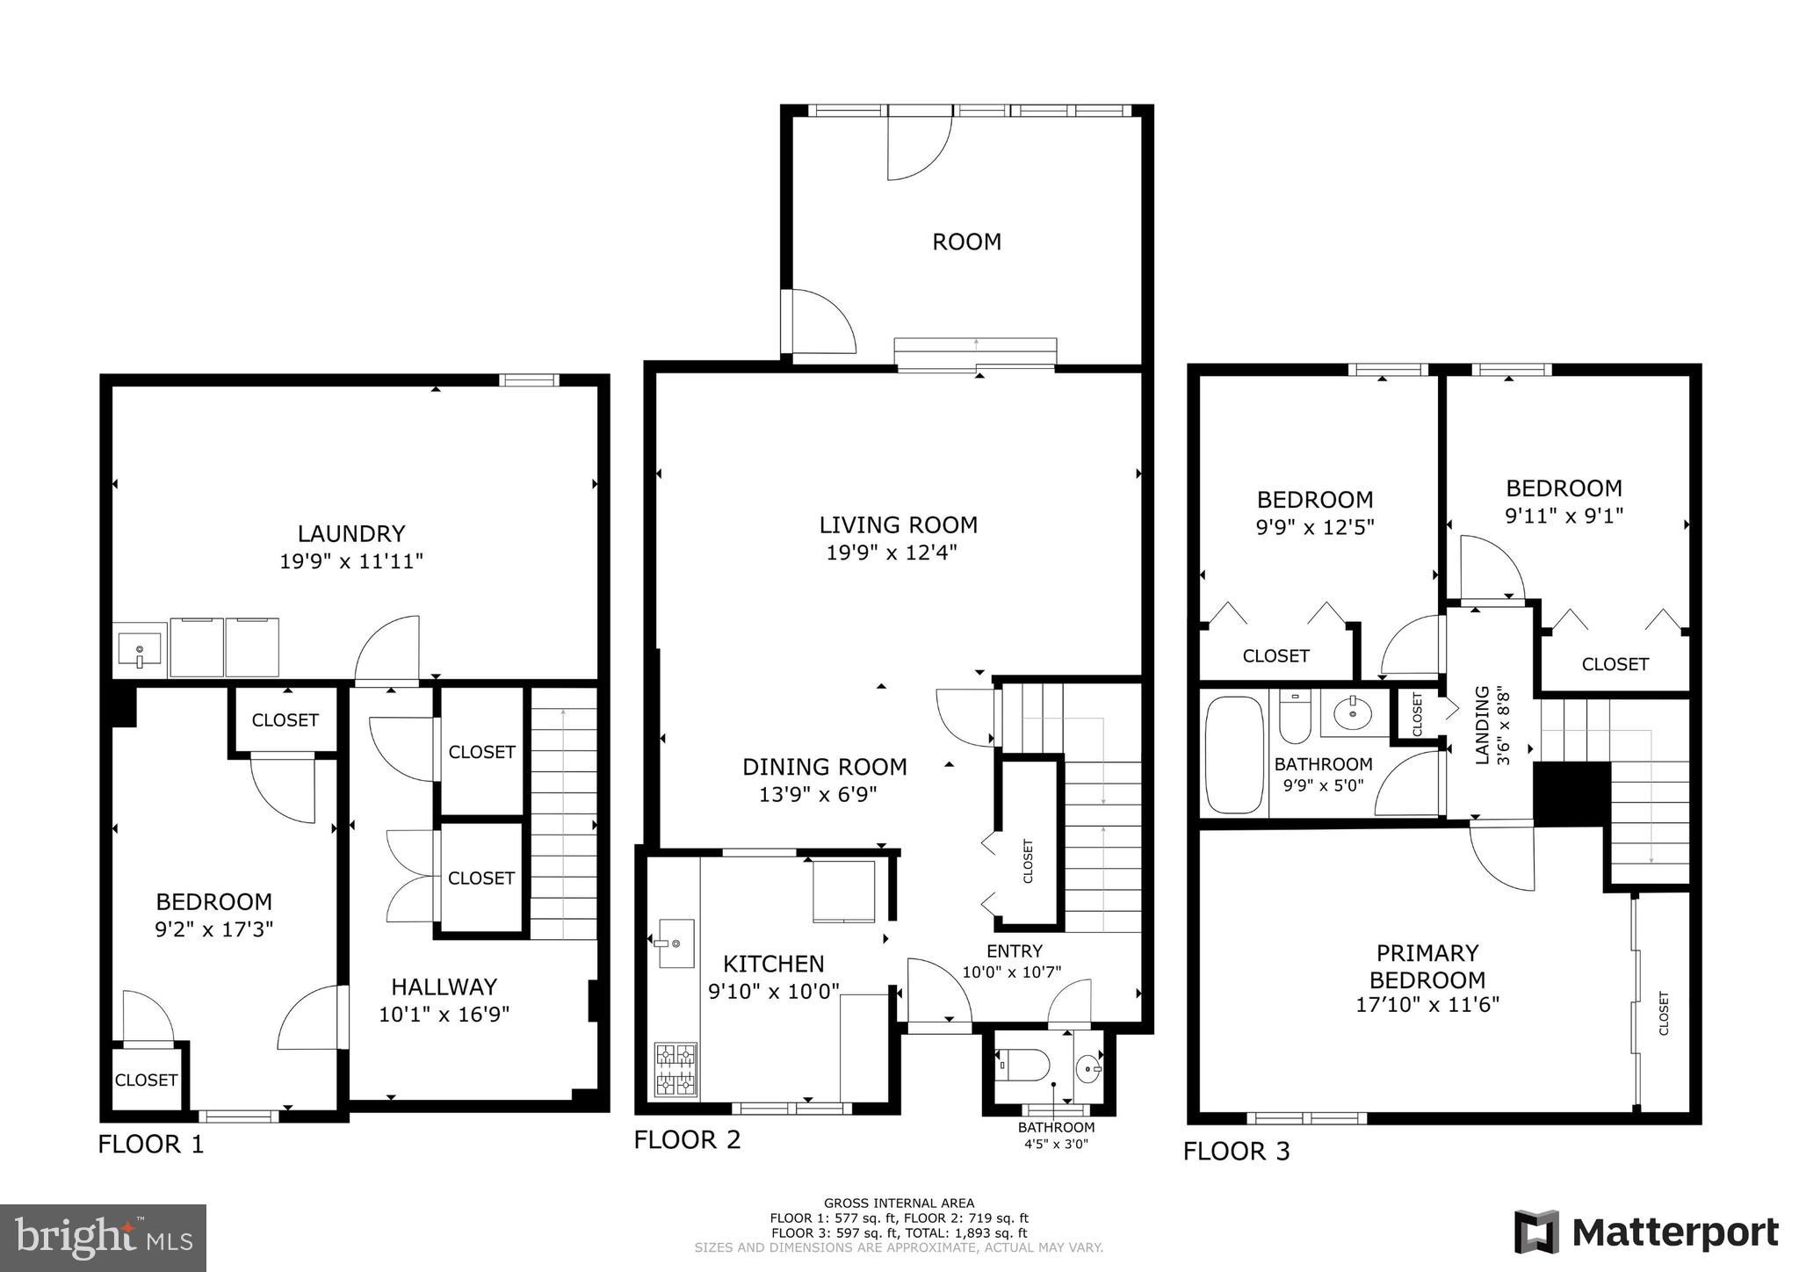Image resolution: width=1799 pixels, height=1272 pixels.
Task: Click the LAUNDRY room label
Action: [350, 533]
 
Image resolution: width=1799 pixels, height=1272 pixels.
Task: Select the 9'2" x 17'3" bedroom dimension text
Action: [214, 929]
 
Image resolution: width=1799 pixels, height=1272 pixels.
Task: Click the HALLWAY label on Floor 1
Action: [444, 987]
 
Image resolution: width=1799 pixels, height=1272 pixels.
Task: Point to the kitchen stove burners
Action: [676, 1069]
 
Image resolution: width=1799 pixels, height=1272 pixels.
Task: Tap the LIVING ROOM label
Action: [898, 525]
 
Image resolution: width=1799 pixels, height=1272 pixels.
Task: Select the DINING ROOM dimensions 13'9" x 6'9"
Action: [818, 795]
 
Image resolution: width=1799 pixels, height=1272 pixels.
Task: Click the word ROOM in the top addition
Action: [966, 242]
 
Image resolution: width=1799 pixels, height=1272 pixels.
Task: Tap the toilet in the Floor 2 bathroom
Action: [1022, 1066]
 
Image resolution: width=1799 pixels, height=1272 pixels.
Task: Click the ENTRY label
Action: [1014, 950]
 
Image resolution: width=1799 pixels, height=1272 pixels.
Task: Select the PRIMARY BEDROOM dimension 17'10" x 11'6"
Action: [1427, 1004]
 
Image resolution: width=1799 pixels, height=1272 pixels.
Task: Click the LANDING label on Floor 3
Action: [1482, 725]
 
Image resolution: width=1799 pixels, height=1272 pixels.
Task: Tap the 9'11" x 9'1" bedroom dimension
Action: [1564, 516]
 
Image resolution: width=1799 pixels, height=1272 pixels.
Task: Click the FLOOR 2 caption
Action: [687, 1139]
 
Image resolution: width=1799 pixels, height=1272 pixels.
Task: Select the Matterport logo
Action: [1646, 1232]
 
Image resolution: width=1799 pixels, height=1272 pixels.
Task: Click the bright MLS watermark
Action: [104, 1238]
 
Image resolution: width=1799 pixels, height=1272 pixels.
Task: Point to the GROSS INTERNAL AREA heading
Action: [899, 1203]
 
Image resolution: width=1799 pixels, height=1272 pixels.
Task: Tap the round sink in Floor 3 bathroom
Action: [1351, 712]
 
